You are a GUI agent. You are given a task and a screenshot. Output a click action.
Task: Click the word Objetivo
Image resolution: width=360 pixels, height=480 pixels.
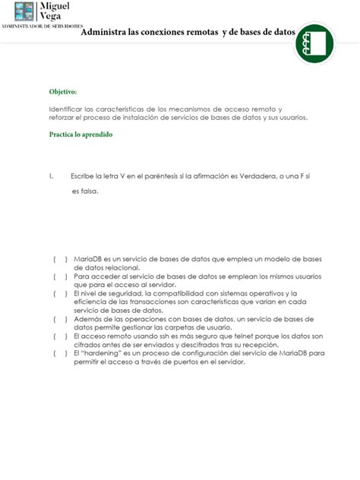click(x=63, y=91)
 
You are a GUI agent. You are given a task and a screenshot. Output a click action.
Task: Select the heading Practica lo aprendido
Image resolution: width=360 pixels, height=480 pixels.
click(x=81, y=134)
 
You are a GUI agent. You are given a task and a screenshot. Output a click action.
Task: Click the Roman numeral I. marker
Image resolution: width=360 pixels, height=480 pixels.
click(x=52, y=176)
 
